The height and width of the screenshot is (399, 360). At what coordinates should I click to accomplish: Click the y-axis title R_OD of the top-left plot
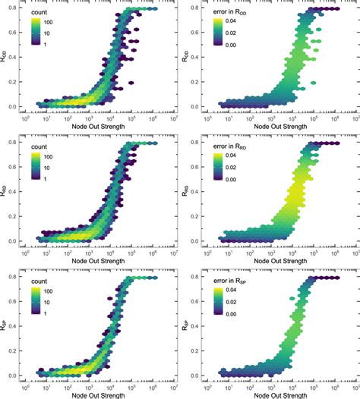(7, 57)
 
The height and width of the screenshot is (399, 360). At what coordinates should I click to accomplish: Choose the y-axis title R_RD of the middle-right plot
(188, 191)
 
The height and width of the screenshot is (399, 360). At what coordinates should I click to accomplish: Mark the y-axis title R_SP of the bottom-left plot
(7, 325)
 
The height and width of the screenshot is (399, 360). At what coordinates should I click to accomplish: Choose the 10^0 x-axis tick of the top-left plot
(26, 118)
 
